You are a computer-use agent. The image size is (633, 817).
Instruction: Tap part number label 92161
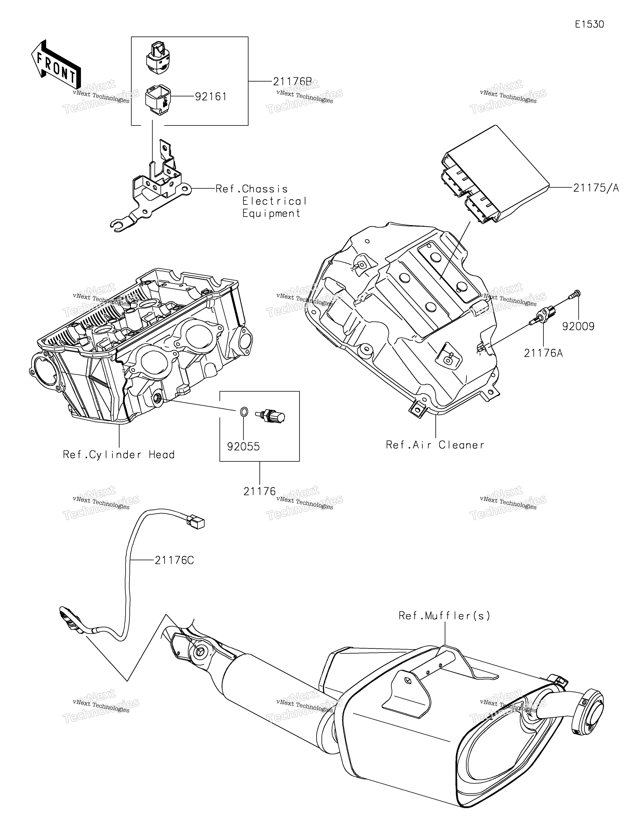click(x=211, y=96)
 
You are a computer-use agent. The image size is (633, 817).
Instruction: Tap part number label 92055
click(x=243, y=446)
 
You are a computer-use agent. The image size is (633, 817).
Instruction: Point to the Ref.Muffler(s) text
click(x=444, y=615)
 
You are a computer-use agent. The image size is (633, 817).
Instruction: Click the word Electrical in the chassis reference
click(x=274, y=201)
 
